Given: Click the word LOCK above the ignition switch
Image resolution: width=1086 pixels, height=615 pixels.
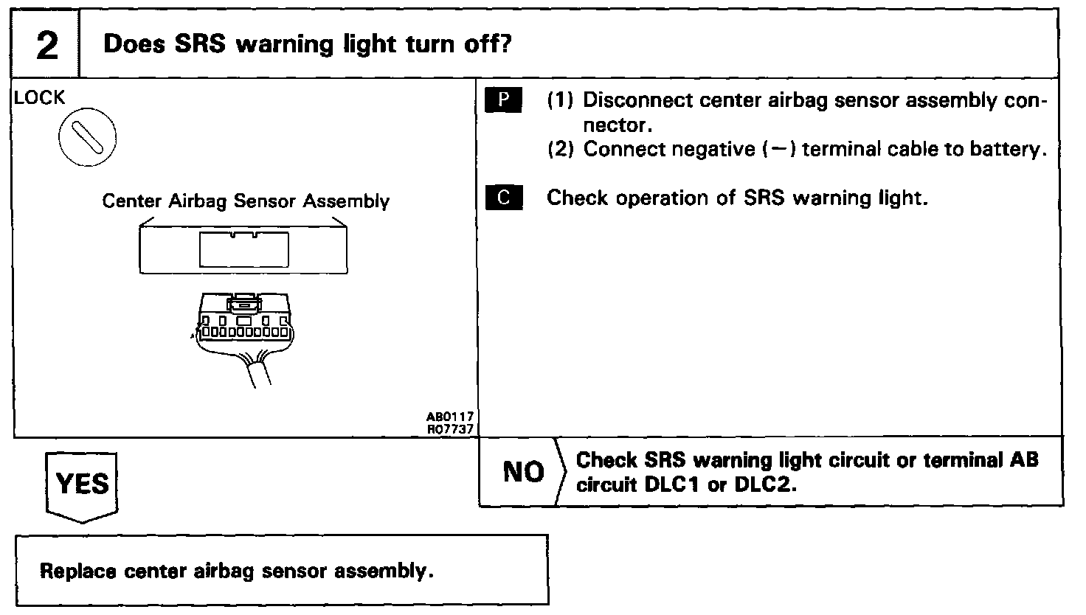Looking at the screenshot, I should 39,98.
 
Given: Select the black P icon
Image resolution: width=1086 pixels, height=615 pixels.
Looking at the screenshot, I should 503,100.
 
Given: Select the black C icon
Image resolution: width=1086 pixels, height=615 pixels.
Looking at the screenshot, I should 503,198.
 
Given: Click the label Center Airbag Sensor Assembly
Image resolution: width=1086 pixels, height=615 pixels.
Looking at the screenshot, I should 246,201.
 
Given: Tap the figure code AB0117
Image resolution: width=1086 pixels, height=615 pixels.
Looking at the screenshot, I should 454,417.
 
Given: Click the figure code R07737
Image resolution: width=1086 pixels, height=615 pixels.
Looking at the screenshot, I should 454,428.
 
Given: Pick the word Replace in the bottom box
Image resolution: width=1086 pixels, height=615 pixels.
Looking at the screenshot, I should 79,571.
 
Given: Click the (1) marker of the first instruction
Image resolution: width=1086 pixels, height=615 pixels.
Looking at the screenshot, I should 560,100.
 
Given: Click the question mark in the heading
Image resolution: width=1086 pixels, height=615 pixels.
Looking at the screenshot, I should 505,44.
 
